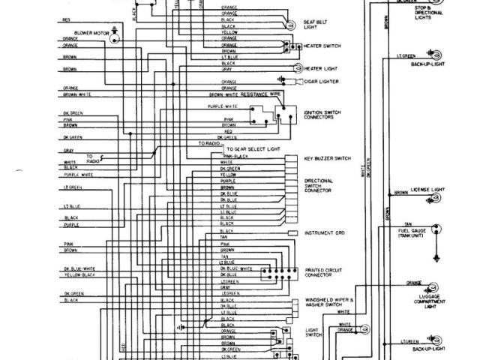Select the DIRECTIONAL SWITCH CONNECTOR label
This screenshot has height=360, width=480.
[322, 186]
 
